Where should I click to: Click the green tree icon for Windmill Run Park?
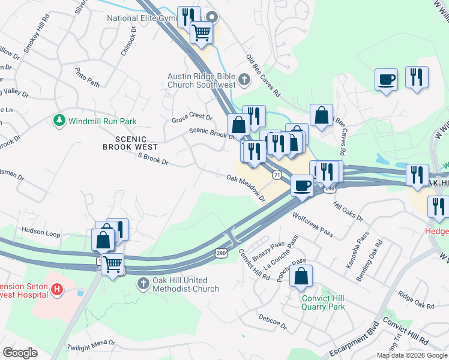[59, 121]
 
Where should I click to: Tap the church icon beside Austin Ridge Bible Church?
[244, 79]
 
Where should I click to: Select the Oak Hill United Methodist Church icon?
[143, 283]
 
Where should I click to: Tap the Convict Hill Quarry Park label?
[323, 302]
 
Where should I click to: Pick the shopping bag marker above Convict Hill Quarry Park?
[301, 277]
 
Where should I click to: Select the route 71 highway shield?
[276, 175]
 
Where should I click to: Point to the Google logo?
[20, 352]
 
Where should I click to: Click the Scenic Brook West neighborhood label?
[130, 142]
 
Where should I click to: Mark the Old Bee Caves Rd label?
[263, 76]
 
